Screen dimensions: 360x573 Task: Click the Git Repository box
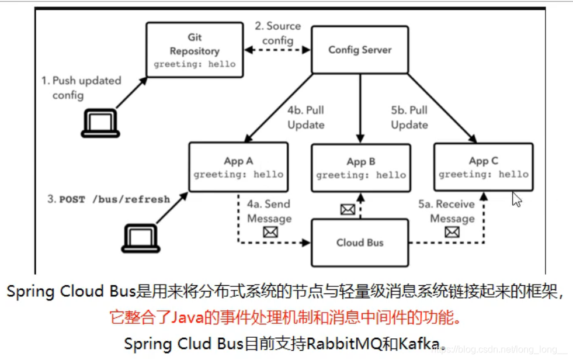pyautogui.click(x=195, y=50)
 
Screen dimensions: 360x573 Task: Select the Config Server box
pyautogui.click(x=359, y=50)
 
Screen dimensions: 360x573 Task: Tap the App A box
pyautogui.click(x=238, y=167)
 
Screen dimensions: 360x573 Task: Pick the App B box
pyautogui.click(x=360, y=168)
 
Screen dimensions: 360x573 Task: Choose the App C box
pyautogui.click(x=483, y=167)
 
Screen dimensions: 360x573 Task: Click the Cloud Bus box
pyautogui.click(x=359, y=242)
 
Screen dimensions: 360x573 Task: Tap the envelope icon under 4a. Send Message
pyautogui.click(x=270, y=232)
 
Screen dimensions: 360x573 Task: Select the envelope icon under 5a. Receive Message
pyautogui.click(x=452, y=232)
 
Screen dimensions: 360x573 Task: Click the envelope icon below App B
pyautogui.click(x=348, y=209)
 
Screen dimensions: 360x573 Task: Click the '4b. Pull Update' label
pyautogui.click(x=305, y=117)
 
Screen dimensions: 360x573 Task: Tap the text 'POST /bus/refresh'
pyautogui.click(x=114, y=199)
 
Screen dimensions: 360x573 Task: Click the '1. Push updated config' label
pyautogui.click(x=81, y=88)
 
